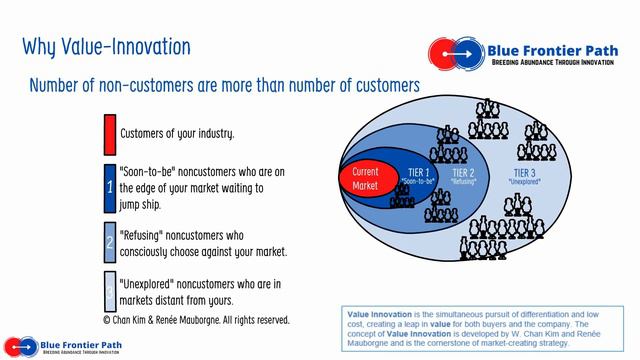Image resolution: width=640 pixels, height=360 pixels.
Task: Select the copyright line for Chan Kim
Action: pyautogui.click(x=196, y=320)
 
